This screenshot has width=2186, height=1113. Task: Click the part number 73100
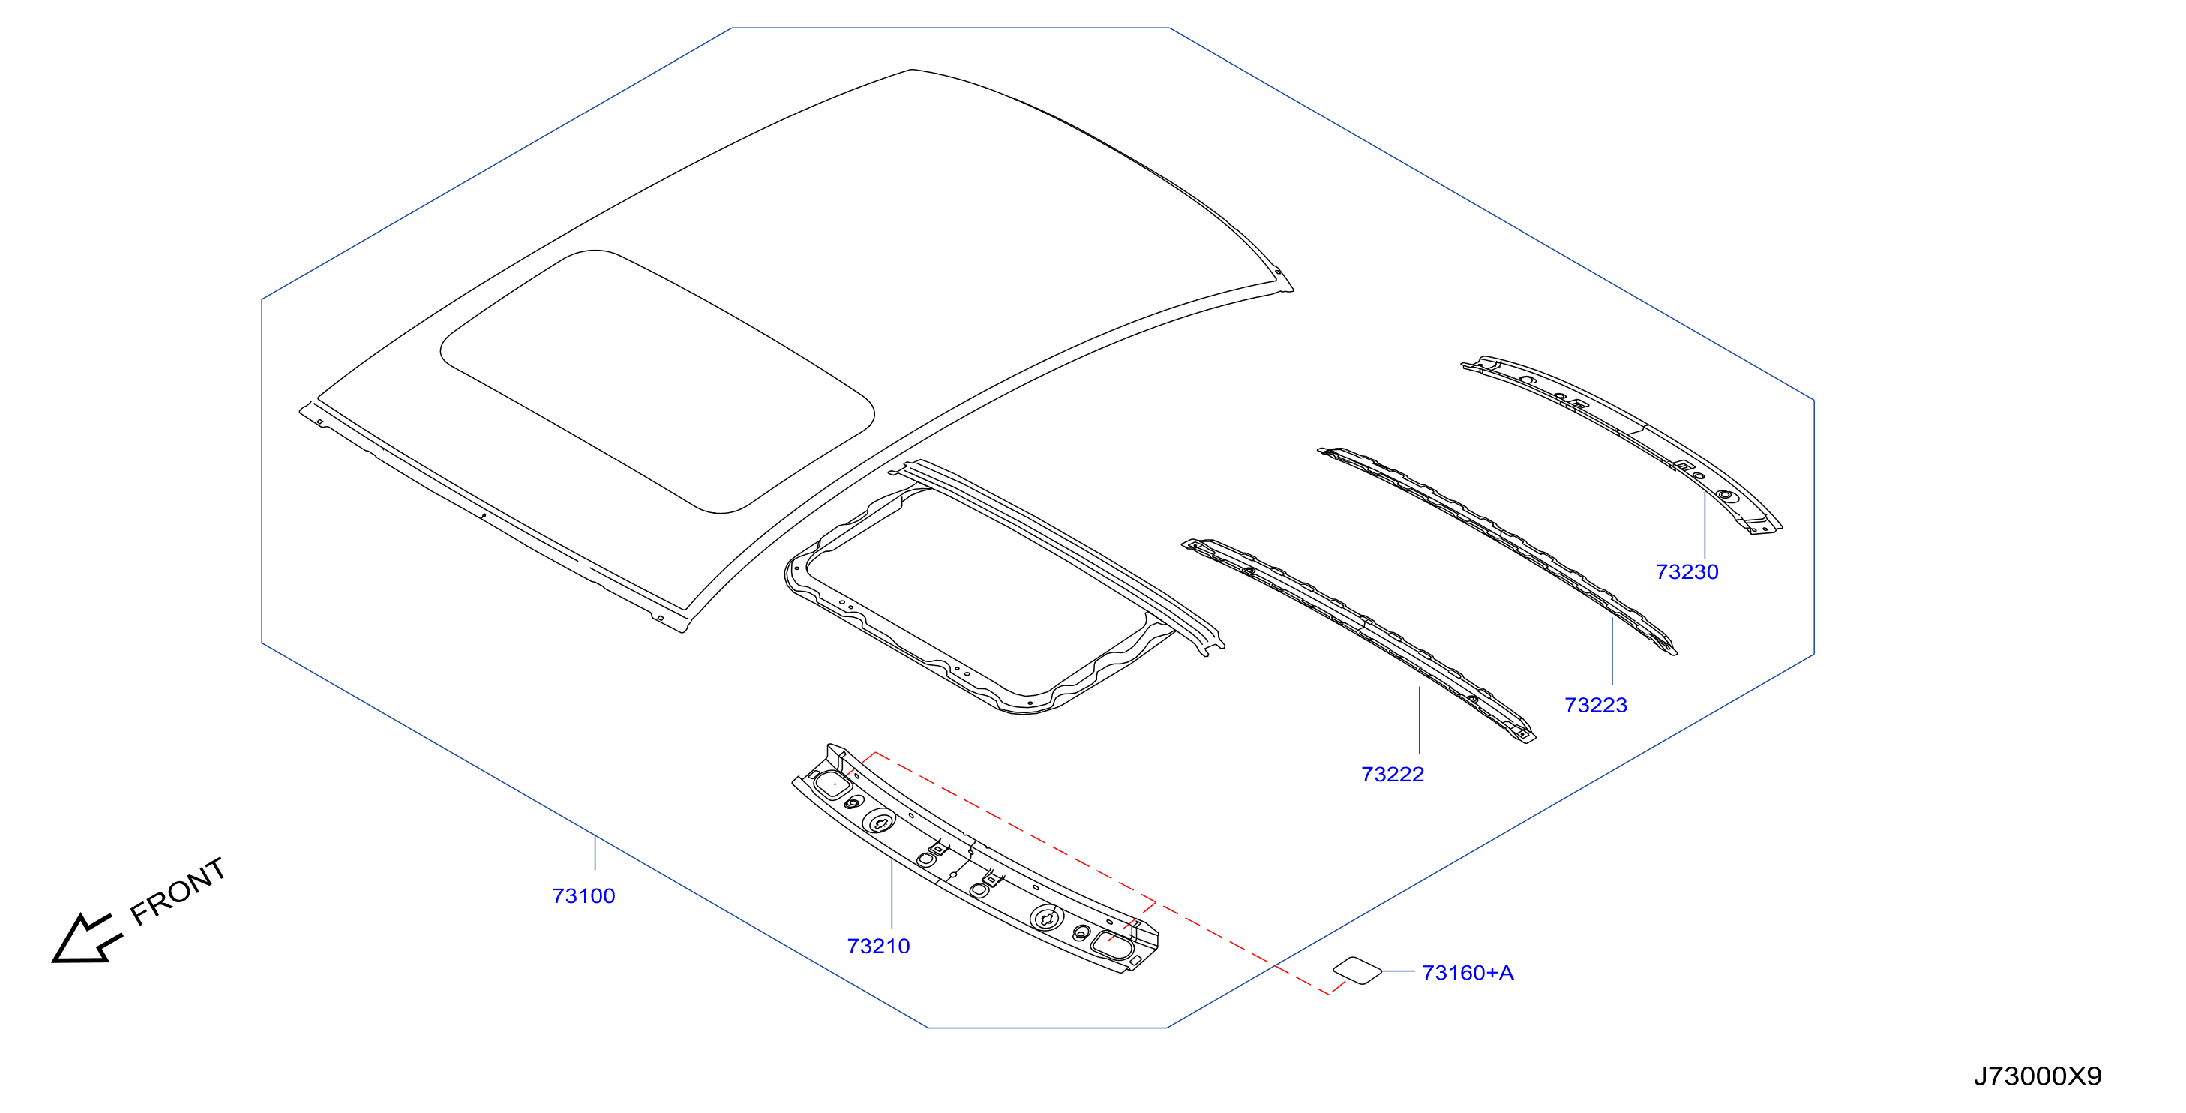tap(584, 895)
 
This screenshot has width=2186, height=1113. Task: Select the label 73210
tap(878, 946)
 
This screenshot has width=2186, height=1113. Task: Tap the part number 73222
tap(1393, 774)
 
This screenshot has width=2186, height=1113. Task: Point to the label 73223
tap(1597, 705)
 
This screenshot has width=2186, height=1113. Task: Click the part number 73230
tap(1687, 571)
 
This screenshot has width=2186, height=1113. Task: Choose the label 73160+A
tap(1468, 972)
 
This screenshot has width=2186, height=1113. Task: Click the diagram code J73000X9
tap(2038, 1075)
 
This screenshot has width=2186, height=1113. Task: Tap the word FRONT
tap(178, 890)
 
